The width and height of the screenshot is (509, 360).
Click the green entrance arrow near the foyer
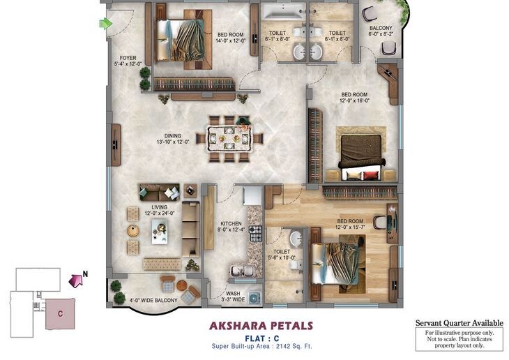106,24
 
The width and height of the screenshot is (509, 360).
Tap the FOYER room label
129,61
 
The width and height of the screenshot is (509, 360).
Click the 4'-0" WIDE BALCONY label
153,301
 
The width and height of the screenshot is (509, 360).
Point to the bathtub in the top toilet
282,11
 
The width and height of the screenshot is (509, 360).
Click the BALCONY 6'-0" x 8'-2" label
381,31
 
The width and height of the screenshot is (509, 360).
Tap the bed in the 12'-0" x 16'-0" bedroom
360,154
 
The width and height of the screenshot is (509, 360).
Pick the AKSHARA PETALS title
261,325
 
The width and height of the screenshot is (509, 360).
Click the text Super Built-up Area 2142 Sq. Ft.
261,346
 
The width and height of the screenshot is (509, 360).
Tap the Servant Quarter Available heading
459,322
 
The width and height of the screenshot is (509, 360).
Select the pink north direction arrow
76,280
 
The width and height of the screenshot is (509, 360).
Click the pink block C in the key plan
60,313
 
